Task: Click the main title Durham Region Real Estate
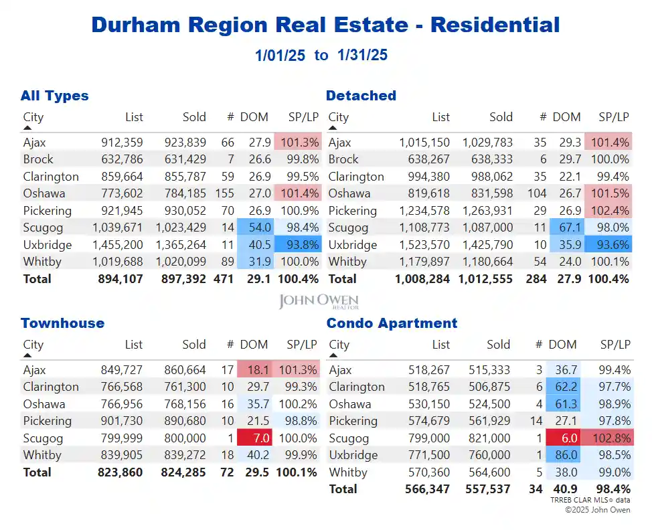[x=325, y=25]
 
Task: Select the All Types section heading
[x=54, y=96]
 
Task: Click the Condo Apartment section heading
[x=392, y=323]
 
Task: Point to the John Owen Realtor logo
[x=319, y=302]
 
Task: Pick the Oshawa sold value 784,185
[x=185, y=193]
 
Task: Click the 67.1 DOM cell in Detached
[x=566, y=228]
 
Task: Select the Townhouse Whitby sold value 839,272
[x=185, y=455]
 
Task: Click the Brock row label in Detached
[x=343, y=159]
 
